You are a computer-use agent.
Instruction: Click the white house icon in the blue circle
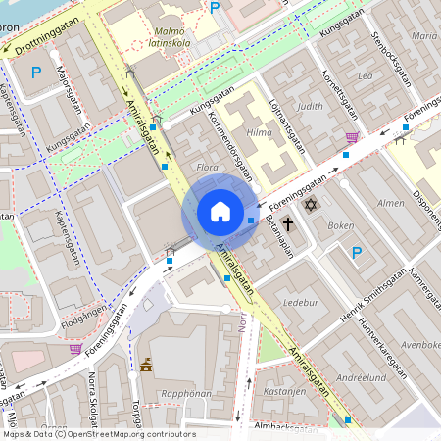[220, 212]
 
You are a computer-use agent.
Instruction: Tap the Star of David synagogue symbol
[312, 206]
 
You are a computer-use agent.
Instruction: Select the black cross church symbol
[288, 224]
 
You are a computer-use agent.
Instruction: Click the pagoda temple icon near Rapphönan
[147, 365]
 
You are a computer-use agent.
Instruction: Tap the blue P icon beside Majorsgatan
[37, 72]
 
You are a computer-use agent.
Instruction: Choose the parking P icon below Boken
[357, 253]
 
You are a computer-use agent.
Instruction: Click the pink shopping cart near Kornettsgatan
[352, 137]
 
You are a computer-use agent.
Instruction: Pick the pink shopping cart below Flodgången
[75, 348]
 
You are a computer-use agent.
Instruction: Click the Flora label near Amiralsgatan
[207, 168]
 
